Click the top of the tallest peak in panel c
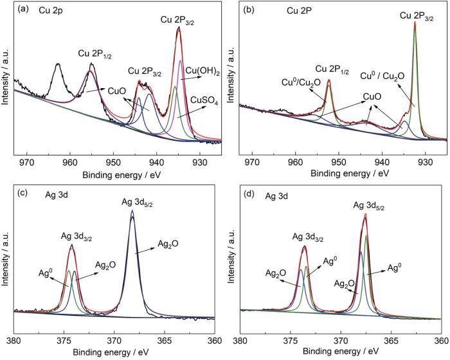132,211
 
